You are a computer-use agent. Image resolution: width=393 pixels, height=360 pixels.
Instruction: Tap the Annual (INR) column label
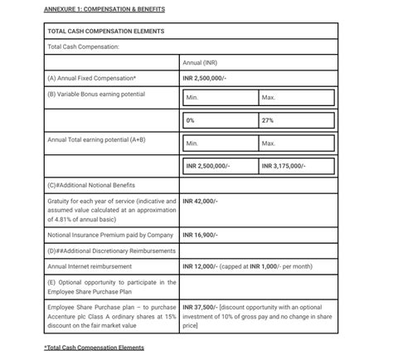pyautogui.click(x=200, y=62)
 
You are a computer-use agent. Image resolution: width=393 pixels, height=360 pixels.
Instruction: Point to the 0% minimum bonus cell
pyautogui.click(x=191, y=120)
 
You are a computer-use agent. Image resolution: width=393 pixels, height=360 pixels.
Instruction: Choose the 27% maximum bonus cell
pyautogui.click(x=268, y=120)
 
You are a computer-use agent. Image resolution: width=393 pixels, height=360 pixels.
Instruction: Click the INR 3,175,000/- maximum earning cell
pyautogui.click(x=284, y=166)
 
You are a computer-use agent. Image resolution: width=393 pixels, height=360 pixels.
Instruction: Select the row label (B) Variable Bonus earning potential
pyautogui.click(x=96, y=94)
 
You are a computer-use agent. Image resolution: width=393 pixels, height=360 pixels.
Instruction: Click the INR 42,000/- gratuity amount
pyautogui.click(x=200, y=201)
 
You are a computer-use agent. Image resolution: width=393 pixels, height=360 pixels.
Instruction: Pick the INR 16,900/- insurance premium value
pyautogui.click(x=200, y=235)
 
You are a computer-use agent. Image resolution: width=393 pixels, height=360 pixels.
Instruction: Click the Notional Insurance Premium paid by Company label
pyautogui.click(x=110, y=235)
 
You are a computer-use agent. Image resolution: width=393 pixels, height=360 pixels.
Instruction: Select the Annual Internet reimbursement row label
pyautogui.click(x=92, y=266)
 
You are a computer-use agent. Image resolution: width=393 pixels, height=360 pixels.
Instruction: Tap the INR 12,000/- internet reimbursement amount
pyautogui.click(x=200, y=266)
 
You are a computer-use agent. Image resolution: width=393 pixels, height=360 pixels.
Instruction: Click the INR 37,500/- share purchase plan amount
pyautogui.click(x=200, y=307)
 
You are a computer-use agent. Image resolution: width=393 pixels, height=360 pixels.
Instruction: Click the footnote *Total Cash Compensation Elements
pyautogui.click(x=94, y=347)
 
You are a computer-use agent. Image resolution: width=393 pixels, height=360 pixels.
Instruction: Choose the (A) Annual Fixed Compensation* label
pyautogui.click(x=92, y=78)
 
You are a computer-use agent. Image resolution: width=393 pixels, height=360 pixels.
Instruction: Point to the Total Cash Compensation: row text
pyautogui.click(x=84, y=46)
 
